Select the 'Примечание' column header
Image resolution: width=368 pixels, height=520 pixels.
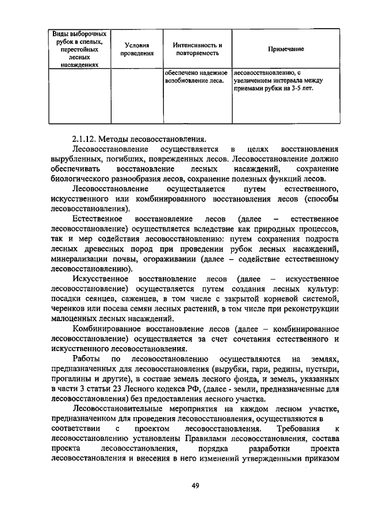pos(285,49)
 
